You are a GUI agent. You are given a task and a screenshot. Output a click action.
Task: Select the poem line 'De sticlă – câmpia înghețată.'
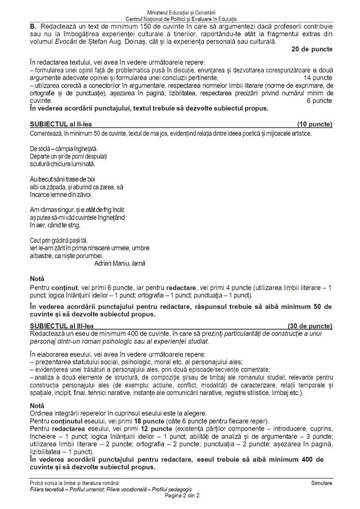(x=64, y=148)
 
